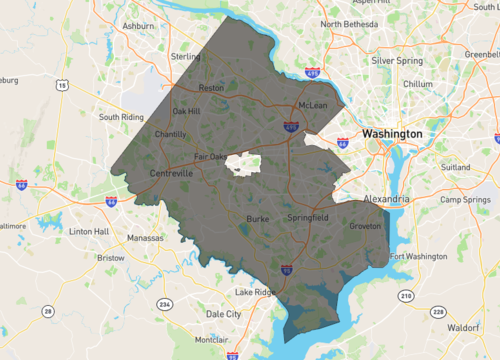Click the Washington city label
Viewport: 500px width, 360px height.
coord(392,133)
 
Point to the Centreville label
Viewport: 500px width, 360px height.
coord(171,173)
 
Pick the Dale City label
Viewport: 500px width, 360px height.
coord(224,313)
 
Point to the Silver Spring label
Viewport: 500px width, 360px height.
coord(396,60)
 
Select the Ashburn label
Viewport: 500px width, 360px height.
coord(136,24)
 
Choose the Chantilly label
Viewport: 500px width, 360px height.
coord(171,134)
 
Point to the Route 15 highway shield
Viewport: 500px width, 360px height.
coord(62,86)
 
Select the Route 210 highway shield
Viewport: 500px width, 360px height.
coord(407,296)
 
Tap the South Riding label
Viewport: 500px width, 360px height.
coord(123,116)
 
